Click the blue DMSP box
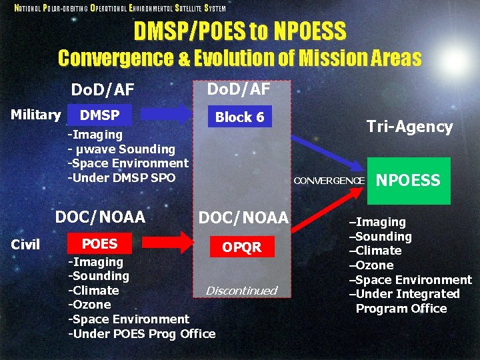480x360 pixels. pyautogui.click(x=99, y=115)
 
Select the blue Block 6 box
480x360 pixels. pyautogui.click(x=239, y=117)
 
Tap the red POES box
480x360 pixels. pyautogui.click(x=99, y=244)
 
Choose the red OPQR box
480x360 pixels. pyautogui.click(x=241, y=247)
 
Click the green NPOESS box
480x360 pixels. pyautogui.click(x=409, y=181)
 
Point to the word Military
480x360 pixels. pyautogui.click(x=36, y=115)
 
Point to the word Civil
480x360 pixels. pyautogui.click(x=26, y=245)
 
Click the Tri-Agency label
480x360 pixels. pyautogui.click(x=409, y=127)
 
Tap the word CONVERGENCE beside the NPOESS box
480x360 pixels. pyautogui.click(x=329, y=181)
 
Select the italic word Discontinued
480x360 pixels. pyautogui.click(x=241, y=291)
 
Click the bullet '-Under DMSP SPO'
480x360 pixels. pyautogui.click(x=121, y=177)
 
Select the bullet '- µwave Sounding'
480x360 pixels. pyautogui.click(x=121, y=149)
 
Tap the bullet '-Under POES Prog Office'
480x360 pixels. pyautogui.click(x=141, y=333)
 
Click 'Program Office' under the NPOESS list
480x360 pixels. pyautogui.click(x=401, y=309)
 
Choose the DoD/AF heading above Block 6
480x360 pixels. pyautogui.click(x=239, y=88)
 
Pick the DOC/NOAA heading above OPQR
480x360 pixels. pyautogui.click(x=243, y=217)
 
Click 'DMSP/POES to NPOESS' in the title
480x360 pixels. pyautogui.click(x=240, y=31)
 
